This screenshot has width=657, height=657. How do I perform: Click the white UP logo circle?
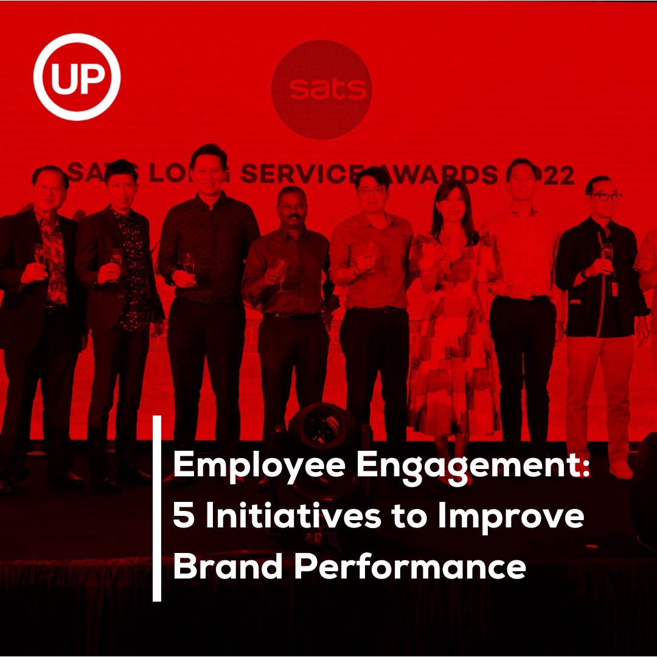coord(77,77)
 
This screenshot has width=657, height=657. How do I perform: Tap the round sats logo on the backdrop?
coord(321,90)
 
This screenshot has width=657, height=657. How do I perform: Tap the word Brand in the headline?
coord(228,566)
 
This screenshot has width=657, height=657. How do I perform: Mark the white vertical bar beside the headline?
coord(157,509)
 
